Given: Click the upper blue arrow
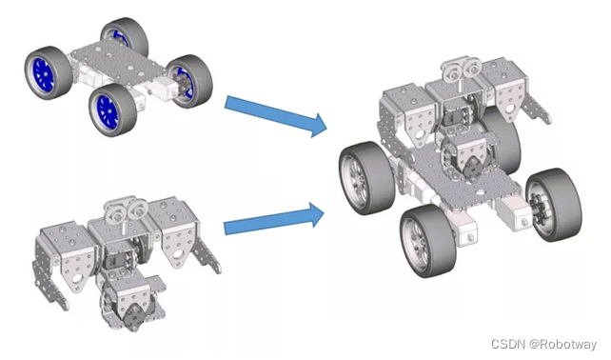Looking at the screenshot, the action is click(276, 114).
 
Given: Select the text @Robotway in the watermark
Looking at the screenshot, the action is click(562, 344).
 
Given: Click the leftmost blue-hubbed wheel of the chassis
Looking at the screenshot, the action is click(49, 73).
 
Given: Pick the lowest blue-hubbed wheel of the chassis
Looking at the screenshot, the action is click(112, 110).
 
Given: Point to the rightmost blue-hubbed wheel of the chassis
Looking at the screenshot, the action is click(190, 81).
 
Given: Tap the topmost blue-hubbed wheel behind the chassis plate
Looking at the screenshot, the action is click(125, 36).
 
